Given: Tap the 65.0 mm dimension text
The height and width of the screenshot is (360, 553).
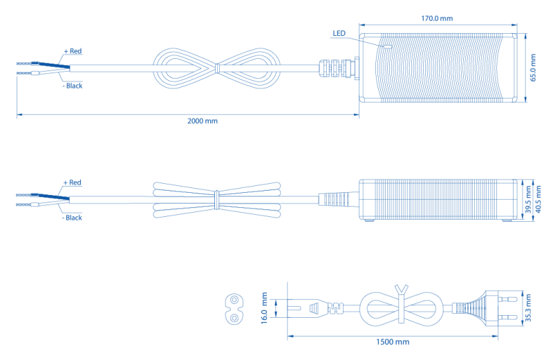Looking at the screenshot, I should (533, 68).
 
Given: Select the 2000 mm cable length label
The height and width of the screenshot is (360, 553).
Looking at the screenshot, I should (203, 121).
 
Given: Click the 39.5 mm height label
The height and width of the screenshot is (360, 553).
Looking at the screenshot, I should (527, 199).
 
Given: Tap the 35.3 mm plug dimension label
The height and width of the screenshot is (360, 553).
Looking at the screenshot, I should (529, 308).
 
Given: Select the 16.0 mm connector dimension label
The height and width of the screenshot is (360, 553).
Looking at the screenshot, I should (264, 308).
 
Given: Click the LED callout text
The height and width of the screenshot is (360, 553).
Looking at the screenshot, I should (339, 33).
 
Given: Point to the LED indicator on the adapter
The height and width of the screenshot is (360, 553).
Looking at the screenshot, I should (387, 47).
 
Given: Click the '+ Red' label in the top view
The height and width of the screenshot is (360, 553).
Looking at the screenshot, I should (73, 51).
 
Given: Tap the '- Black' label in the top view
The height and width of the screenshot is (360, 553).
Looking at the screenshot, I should (72, 86).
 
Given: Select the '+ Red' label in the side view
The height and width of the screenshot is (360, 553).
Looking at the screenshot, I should (73, 182).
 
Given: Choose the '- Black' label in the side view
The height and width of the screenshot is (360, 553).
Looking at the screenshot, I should (72, 218).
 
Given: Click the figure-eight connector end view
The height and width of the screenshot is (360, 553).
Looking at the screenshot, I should (236, 309).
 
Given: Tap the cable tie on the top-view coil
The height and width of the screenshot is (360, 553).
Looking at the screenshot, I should (217, 68).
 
